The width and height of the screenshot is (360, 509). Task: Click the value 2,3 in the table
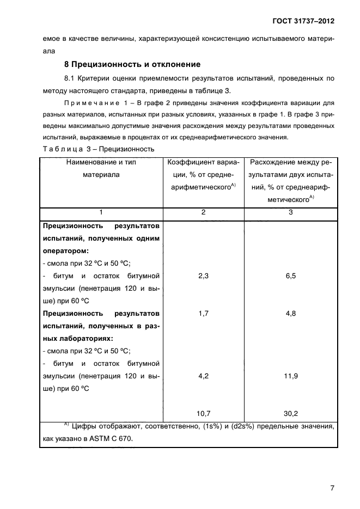coord(204,276)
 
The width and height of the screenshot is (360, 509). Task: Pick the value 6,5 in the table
coord(290,276)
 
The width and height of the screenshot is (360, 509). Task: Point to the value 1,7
coord(204,314)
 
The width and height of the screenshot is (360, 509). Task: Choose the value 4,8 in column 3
coord(290,314)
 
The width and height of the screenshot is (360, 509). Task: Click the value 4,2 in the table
coord(204,376)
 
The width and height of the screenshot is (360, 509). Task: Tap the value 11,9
coord(290,376)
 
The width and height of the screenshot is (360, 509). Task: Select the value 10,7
coord(204,413)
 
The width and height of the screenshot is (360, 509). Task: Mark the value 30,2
coord(290,413)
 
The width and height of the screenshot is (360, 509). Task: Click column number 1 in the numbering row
coord(101,212)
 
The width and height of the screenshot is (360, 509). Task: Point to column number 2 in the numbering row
coord(204,212)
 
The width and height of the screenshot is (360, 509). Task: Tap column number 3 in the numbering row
coord(290,212)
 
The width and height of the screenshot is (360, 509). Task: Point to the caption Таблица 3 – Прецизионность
coord(99,148)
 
